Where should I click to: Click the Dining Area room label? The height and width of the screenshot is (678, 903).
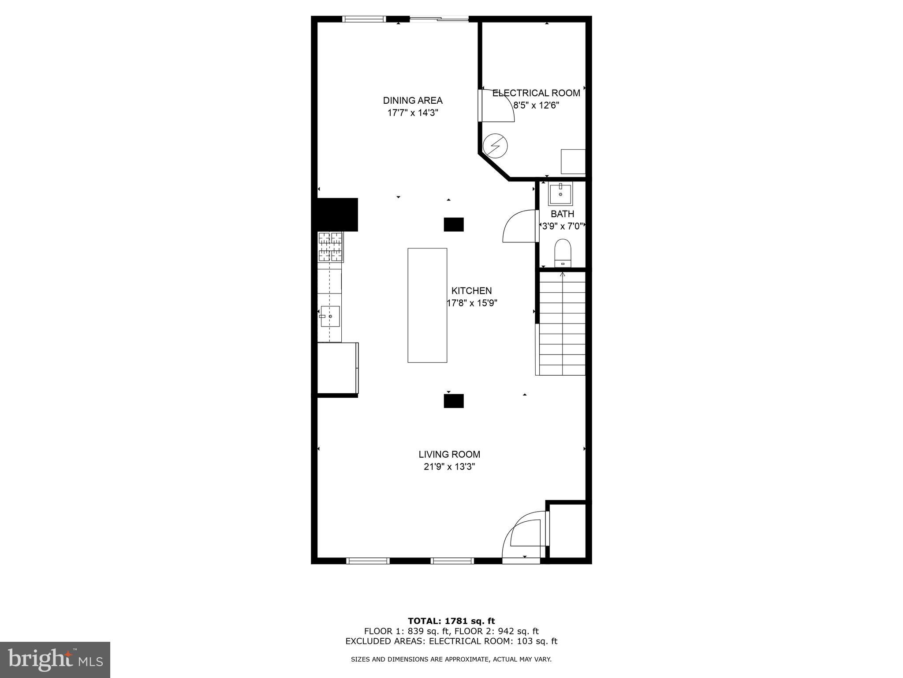(x=412, y=101)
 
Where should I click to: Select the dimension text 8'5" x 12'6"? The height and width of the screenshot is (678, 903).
(x=536, y=105)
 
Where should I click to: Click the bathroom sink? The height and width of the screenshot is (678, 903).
(x=560, y=195)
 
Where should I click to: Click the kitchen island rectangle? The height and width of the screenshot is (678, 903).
(x=427, y=305)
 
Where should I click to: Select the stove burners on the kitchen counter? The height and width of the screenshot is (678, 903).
(x=330, y=247)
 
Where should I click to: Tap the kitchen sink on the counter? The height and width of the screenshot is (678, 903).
(x=330, y=316)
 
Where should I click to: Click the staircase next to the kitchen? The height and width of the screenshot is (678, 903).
(x=561, y=323)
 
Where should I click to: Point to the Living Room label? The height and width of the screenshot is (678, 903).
(x=449, y=454)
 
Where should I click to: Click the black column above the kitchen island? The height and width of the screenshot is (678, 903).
(x=453, y=225)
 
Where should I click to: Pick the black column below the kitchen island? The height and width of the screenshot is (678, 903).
(x=453, y=401)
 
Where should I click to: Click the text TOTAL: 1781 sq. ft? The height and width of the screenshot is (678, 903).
(x=451, y=621)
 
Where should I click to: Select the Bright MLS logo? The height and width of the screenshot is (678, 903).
(x=55, y=659)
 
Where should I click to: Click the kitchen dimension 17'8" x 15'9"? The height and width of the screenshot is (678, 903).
(x=472, y=303)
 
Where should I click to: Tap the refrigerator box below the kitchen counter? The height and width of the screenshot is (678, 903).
(x=337, y=368)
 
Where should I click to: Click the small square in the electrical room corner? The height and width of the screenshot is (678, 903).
(x=573, y=162)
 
